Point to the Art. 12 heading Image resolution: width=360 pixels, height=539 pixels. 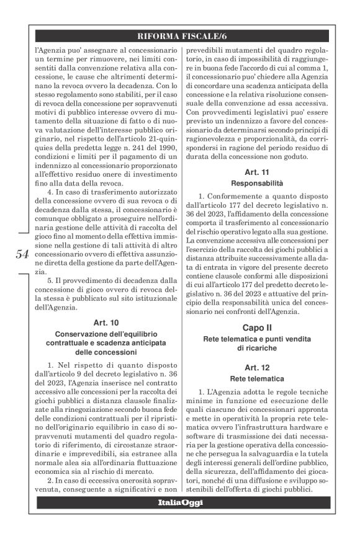[x=256, y=367]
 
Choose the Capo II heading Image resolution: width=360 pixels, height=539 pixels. [x=256, y=327]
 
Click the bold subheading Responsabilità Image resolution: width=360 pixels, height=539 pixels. [x=256, y=184]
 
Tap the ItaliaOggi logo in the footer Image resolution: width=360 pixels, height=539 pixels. [x=180, y=502]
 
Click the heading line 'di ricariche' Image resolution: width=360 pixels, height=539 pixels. [x=256, y=349]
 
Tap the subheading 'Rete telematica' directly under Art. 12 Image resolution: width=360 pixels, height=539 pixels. [x=256, y=378]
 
